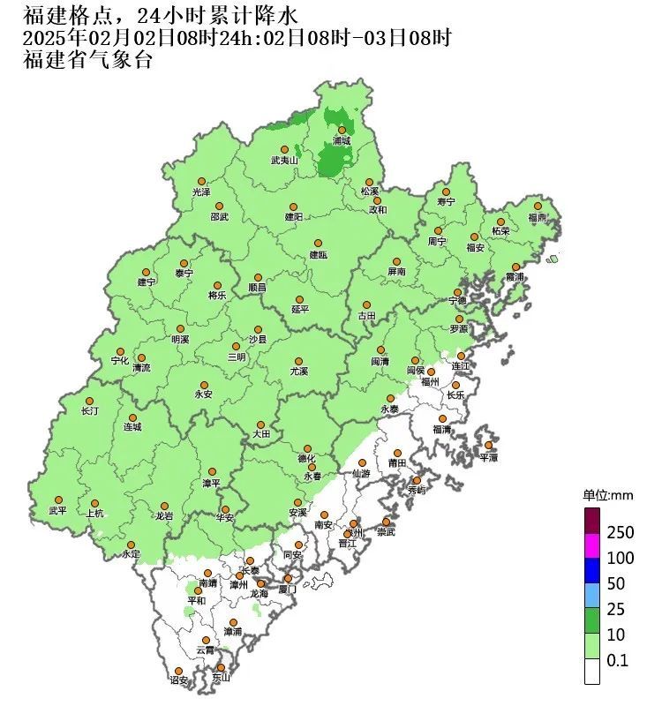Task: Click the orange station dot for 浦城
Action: point(342,130)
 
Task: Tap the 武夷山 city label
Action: point(284,161)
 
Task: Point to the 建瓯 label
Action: point(318,255)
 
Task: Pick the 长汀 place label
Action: point(89,411)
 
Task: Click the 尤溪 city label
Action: point(299,372)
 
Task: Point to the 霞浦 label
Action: point(515,277)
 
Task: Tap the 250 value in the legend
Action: point(621,534)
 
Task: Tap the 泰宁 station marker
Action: point(183,262)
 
